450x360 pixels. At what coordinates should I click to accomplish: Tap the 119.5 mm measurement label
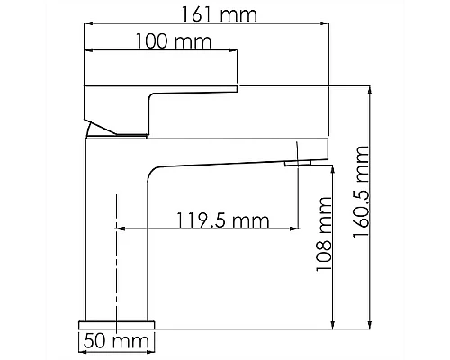pos(211,219)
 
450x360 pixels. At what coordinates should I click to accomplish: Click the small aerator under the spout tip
pos(298,163)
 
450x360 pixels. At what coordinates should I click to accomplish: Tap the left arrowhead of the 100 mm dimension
pos(87,52)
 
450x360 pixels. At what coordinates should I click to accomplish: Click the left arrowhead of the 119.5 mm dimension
pos(121,230)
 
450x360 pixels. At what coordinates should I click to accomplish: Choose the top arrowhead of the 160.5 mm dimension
pos(370,89)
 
